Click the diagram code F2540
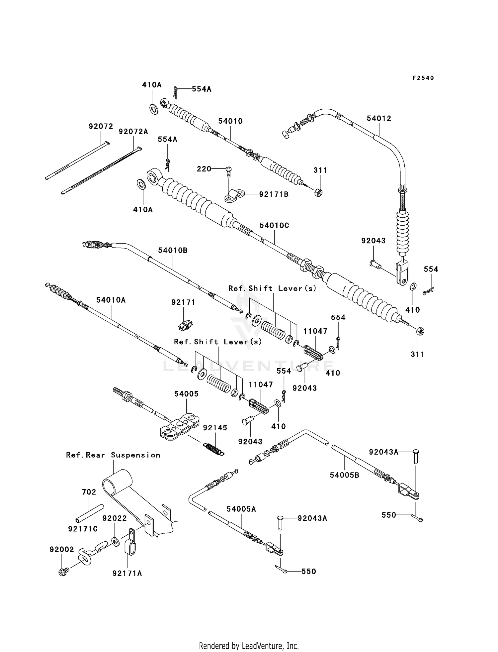pyautogui.click(x=423, y=78)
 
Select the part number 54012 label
pyautogui.click(x=379, y=118)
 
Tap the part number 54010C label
pyautogui.click(x=274, y=225)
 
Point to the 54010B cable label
pyautogui.click(x=173, y=250)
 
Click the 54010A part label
pyautogui.click(x=111, y=300)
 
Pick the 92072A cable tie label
pyautogui.click(x=133, y=132)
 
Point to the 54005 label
pyautogui.click(x=186, y=394)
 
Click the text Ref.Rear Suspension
pyautogui.click(x=113, y=455)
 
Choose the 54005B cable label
pyautogui.click(x=345, y=475)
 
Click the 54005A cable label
pyautogui.click(x=241, y=509)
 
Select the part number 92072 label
pyautogui.click(x=101, y=126)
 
